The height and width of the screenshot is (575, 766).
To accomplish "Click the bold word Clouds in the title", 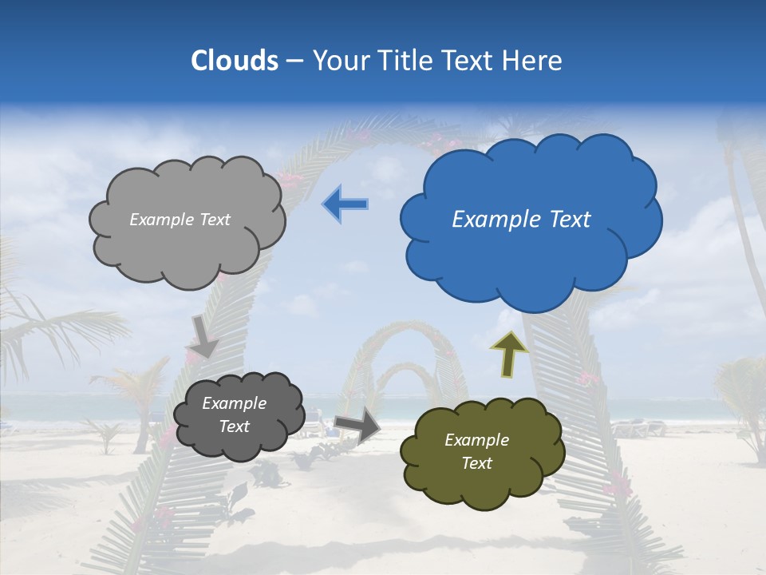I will point(235,61).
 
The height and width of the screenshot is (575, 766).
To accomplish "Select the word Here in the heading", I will point(532,61).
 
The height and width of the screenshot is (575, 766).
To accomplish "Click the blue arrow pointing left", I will point(345,204).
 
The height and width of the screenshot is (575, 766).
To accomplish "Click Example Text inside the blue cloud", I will point(521,220).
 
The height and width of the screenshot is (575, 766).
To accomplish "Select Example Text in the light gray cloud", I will point(180,220).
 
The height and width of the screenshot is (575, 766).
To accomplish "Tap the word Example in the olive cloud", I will point(476,440).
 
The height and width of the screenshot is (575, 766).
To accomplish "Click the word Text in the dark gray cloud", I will point(234,426).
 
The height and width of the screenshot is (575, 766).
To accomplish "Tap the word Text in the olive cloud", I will point(476,463).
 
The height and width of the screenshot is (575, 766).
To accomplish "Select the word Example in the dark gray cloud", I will point(234,403).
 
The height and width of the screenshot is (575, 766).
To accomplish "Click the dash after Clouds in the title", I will point(293,61).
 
